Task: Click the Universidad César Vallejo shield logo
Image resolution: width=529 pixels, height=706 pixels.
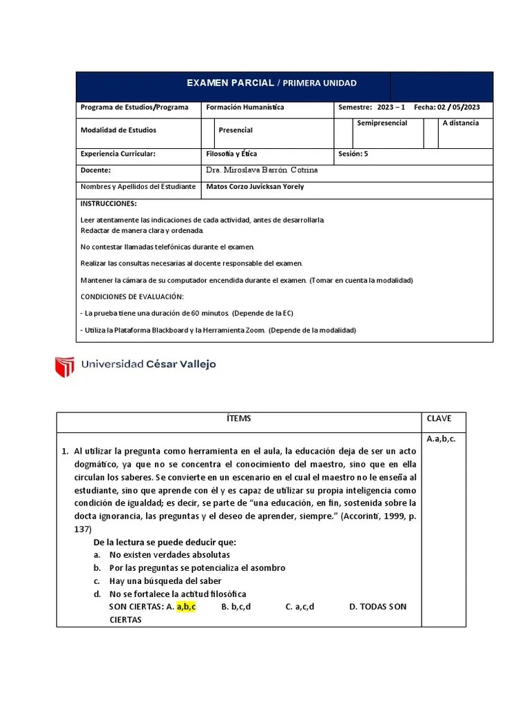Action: tap(64, 366)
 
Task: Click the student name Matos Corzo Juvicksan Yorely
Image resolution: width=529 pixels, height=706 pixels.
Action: tap(255, 187)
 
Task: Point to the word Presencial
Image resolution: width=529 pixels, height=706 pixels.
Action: tap(236, 130)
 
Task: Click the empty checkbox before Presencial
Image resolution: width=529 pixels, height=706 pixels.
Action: tap(208, 132)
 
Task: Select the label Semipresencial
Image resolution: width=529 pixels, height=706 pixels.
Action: tap(382, 123)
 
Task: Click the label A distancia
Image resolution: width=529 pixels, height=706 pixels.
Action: tap(461, 123)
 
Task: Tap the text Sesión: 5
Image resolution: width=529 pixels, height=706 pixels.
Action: tap(353, 154)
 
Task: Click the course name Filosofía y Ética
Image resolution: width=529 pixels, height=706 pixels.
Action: tap(231, 154)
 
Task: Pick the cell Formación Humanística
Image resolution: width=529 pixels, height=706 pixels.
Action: tap(245, 108)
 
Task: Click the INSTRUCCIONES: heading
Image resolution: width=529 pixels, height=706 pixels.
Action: tap(109, 204)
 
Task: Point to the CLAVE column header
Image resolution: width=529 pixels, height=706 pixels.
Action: tap(439, 418)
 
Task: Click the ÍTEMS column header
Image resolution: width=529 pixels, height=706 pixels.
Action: tap(238, 418)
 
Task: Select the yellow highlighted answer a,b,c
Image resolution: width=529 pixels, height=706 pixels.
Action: tap(187, 607)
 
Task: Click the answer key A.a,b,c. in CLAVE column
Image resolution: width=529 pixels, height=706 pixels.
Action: tap(442, 438)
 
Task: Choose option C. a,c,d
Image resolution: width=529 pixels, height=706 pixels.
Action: tap(300, 607)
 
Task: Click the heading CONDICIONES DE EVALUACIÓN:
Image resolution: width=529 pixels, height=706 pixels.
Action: tap(132, 296)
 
